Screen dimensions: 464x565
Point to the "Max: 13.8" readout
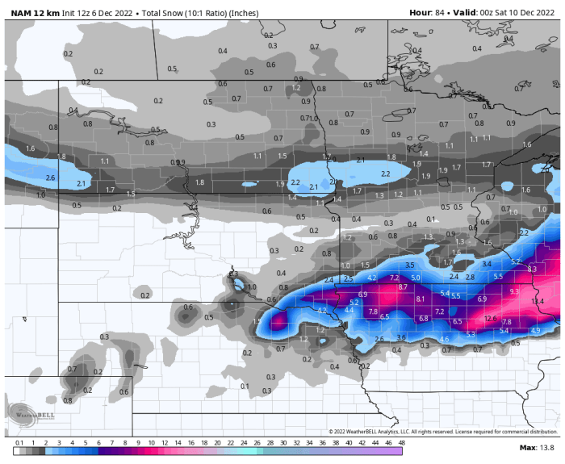pyautogui.click(x=537, y=447)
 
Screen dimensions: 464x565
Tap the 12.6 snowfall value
pyautogui.click(x=491, y=318)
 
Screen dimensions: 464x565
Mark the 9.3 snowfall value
pyautogui.click(x=515, y=313)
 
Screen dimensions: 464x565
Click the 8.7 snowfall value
pyautogui.click(x=403, y=287)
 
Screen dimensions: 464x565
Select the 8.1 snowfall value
pyautogui.click(x=421, y=299)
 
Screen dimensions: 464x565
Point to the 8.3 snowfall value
pyautogui.click(x=532, y=269)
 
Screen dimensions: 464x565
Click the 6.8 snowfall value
pyautogui.click(x=424, y=318)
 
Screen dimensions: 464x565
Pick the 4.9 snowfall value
pyautogui.click(x=535, y=330)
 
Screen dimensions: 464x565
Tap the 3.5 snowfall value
pyautogui.click(x=409, y=265)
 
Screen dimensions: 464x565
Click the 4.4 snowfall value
pyautogui.click(x=349, y=309)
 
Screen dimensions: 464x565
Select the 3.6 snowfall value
pyautogui.click(x=401, y=337)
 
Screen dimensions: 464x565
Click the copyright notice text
pyautogui.click(x=442, y=432)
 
